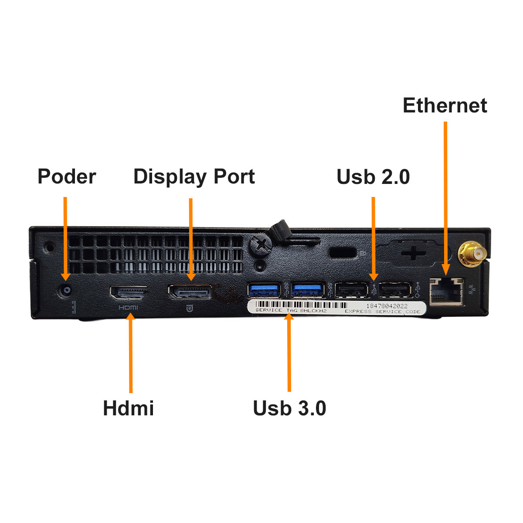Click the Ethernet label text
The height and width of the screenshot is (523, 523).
(445, 105)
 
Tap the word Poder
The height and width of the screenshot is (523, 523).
(67, 177)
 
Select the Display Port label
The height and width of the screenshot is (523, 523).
(194, 177)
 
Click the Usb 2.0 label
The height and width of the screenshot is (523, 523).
(373, 177)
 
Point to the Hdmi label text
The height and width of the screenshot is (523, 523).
(128, 408)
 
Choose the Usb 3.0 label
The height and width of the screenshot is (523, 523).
(289, 408)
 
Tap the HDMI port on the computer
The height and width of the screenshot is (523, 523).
(128, 292)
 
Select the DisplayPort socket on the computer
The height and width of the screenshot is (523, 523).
(190, 292)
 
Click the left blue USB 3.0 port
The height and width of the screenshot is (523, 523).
(264, 290)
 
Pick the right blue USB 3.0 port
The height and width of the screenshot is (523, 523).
(308, 290)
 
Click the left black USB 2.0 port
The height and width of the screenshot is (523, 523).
(351, 290)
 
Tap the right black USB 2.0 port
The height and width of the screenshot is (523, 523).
(395, 290)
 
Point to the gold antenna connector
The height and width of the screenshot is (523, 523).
(472, 254)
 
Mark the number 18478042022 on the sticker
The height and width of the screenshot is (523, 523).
(387, 306)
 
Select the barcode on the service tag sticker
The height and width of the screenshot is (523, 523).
(301, 305)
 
